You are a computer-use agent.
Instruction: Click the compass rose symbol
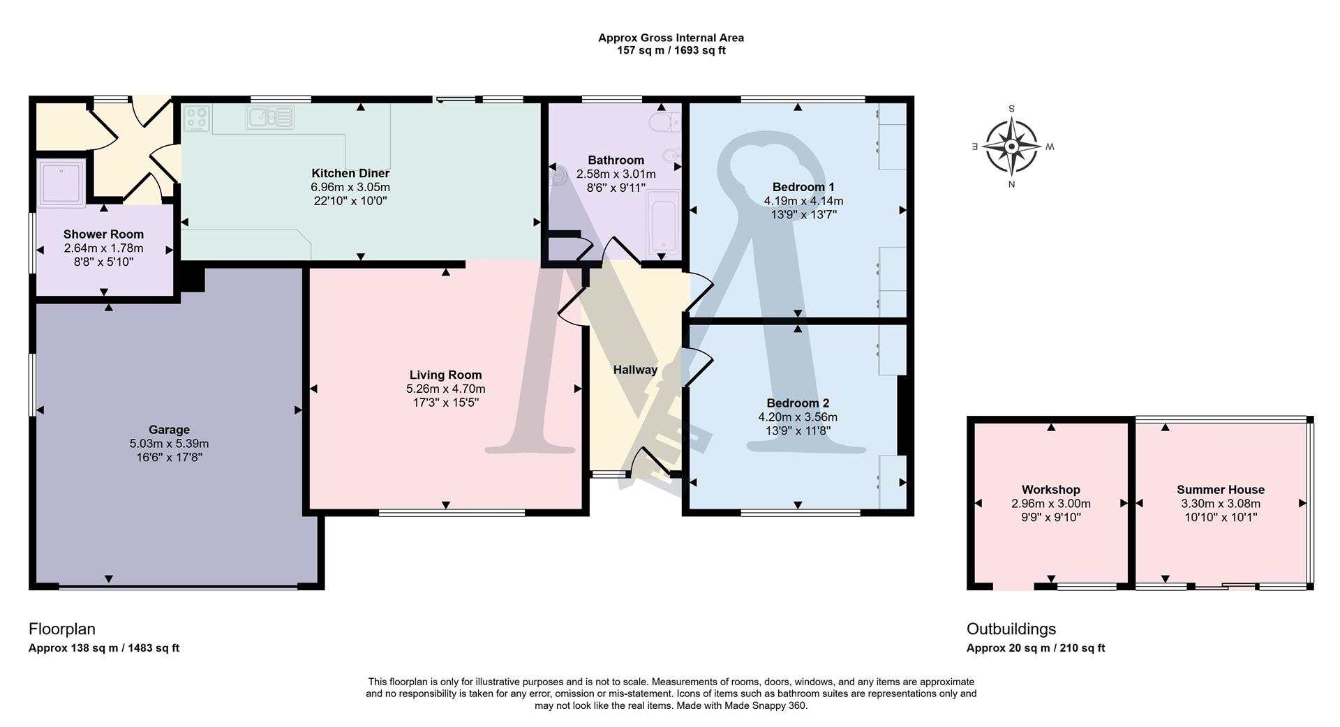coord(1011,147)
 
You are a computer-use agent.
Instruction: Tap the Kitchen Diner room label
coord(350,173)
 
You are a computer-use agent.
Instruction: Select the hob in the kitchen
coord(196,118)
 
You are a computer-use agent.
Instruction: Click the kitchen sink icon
coord(270,117)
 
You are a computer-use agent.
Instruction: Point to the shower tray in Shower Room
coord(62,182)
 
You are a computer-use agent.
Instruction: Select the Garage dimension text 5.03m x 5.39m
coord(169,444)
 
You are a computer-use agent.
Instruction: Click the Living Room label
coord(445,375)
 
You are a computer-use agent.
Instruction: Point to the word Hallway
coord(635,370)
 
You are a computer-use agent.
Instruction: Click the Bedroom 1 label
coord(803,187)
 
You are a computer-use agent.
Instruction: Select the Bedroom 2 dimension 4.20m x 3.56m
coord(798,417)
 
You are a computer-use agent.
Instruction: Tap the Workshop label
coord(1050,490)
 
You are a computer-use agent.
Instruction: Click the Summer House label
coord(1220,490)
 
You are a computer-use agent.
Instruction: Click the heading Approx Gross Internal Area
coord(671,38)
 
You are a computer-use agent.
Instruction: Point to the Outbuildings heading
coord(1011,629)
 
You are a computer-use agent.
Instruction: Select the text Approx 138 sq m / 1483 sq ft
coord(104,648)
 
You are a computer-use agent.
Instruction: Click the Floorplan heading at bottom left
coord(61,629)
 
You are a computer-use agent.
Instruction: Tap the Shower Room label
coord(103,234)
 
